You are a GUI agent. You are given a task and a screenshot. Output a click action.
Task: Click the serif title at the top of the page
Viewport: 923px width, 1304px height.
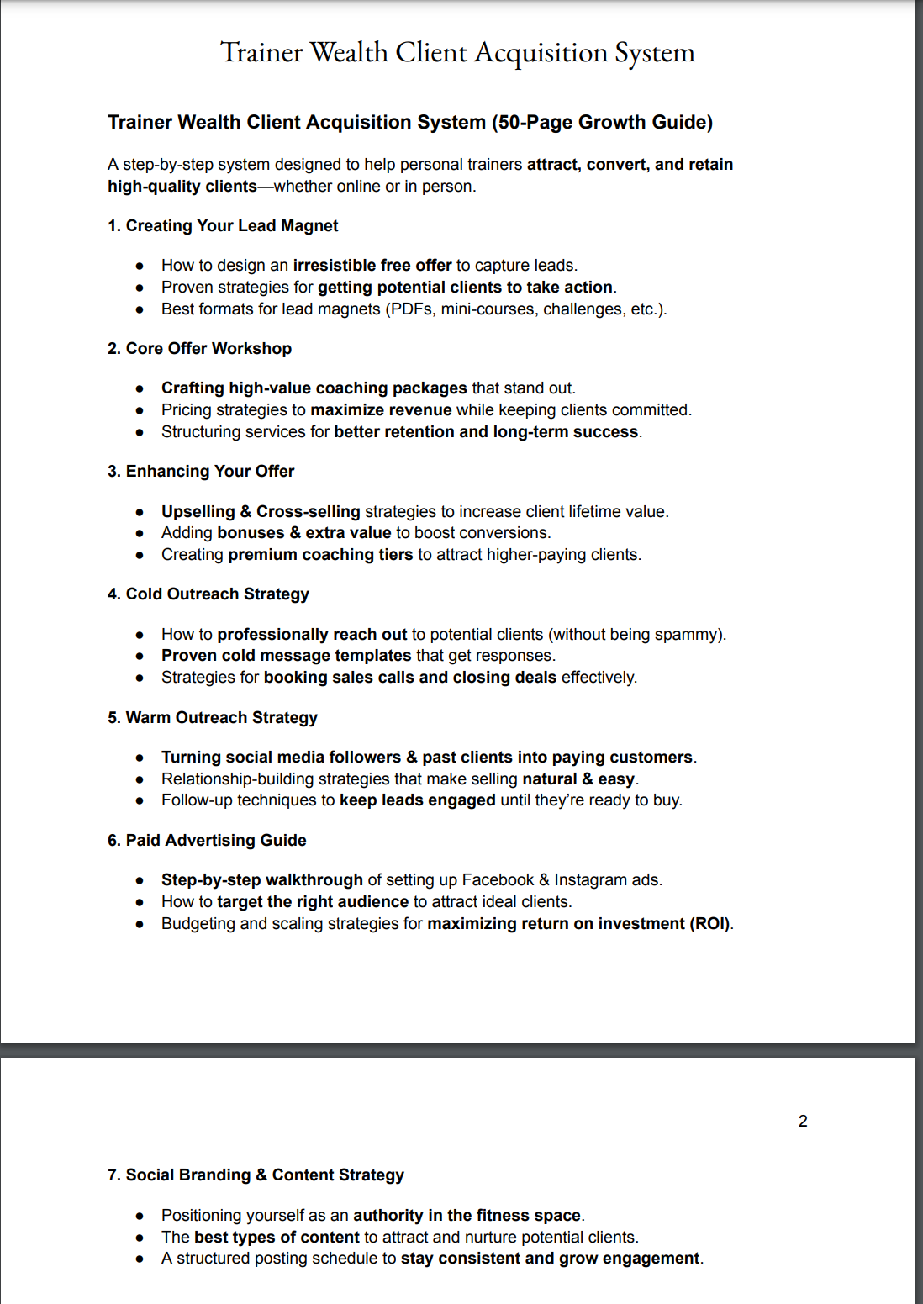click(457, 53)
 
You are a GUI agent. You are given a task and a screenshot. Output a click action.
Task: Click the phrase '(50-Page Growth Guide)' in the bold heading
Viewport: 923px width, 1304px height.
click(602, 123)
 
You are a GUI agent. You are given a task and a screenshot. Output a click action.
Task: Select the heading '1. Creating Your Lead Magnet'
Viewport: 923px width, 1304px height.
click(223, 226)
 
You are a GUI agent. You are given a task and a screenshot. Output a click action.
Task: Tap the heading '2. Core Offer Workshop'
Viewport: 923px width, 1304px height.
click(199, 349)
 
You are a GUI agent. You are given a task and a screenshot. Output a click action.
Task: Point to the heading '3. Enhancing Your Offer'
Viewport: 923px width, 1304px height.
click(201, 472)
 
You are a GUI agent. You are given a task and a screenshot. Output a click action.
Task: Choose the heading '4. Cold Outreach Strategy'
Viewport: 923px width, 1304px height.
click(208, 594)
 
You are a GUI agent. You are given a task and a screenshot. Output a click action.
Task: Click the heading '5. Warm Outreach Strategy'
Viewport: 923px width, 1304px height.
click(213, 718)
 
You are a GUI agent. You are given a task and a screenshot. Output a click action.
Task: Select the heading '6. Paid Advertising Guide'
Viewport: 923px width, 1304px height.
click(207, 841)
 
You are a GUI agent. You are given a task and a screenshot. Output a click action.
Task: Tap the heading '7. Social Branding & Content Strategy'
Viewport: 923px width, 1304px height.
click(256, 1175)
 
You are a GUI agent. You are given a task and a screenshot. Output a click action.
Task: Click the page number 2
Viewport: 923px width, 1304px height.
click(803, 1122)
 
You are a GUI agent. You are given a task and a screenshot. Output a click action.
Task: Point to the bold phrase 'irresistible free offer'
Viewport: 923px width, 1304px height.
click(372, 266)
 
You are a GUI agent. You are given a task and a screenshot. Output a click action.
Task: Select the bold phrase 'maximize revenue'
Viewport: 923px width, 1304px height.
click(381, 410)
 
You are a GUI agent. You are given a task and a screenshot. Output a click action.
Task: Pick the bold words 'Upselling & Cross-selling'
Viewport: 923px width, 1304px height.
click(261, 512)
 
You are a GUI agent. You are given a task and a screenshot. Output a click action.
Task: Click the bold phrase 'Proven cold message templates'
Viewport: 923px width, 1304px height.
click(286, 656)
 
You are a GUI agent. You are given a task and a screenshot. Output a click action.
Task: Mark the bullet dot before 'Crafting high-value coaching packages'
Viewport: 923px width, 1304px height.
click(140, 388)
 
